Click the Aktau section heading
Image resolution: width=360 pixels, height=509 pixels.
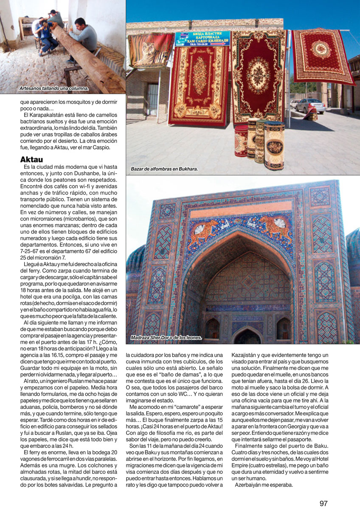click(34, 159)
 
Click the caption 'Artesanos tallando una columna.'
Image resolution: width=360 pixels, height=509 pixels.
click(54, 88)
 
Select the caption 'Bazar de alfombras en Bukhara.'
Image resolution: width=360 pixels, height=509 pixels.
click(164, 169)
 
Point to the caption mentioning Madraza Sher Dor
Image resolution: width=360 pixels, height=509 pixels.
click(166, 338)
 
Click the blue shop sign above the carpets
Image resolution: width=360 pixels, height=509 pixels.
click(202, 38)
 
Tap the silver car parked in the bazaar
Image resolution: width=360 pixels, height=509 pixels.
click(310, 106)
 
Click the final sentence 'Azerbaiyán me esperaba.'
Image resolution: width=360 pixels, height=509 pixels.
click(264, 485)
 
